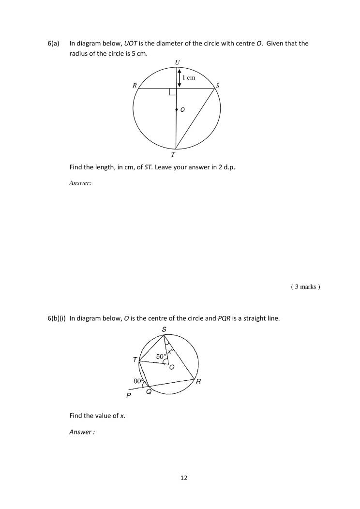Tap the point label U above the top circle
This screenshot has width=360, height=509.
[177, 62]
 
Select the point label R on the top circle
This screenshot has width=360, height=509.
[135, 86]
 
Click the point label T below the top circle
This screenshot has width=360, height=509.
[173, 155]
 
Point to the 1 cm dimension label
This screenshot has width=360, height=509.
[189, 77]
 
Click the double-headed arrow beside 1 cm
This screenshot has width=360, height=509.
[179, 77]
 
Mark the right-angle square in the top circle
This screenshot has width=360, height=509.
[173, 92]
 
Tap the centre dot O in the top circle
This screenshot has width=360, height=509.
[177, 110]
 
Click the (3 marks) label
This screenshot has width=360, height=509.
[305, 287]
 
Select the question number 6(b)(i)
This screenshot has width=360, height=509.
[58, 318]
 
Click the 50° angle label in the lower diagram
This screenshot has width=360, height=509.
[161, 357]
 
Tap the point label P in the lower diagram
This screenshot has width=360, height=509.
[128, 395]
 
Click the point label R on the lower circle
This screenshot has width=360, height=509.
[198, 381]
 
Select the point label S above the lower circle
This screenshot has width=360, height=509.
[164, 329]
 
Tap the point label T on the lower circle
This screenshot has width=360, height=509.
[135, 359]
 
